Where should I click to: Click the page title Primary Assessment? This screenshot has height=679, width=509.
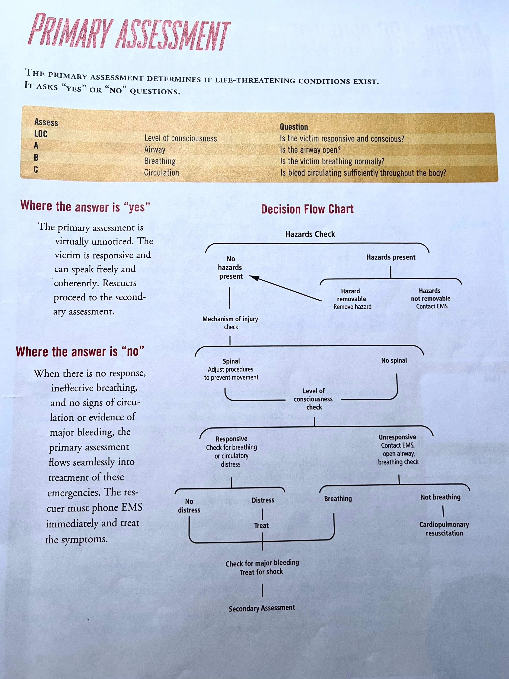(129, 32)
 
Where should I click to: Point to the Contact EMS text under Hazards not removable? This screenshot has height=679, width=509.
(432, 306)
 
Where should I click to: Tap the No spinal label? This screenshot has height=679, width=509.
(394, 360)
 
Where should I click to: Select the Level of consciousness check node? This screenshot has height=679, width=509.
(313, 399)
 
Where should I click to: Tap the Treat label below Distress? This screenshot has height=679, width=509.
(261, 526)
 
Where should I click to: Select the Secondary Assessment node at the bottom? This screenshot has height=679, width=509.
(262, 608)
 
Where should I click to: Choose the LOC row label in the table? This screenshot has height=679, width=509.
(41, 134)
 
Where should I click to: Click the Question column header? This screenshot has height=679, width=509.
(294, 127)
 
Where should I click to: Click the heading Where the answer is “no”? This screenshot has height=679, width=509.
(80, 351)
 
